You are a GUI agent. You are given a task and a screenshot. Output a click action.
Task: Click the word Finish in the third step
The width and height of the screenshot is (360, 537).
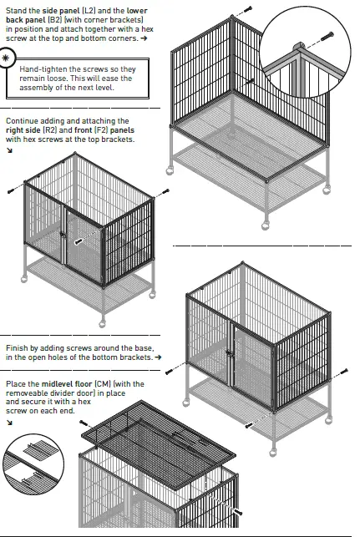(x=18, y=347)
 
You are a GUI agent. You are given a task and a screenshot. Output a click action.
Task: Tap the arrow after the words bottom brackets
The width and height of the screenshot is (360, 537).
(x=159, y=357)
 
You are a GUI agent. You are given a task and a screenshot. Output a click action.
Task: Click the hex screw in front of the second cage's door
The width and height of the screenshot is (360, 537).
(x=79, y=241)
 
